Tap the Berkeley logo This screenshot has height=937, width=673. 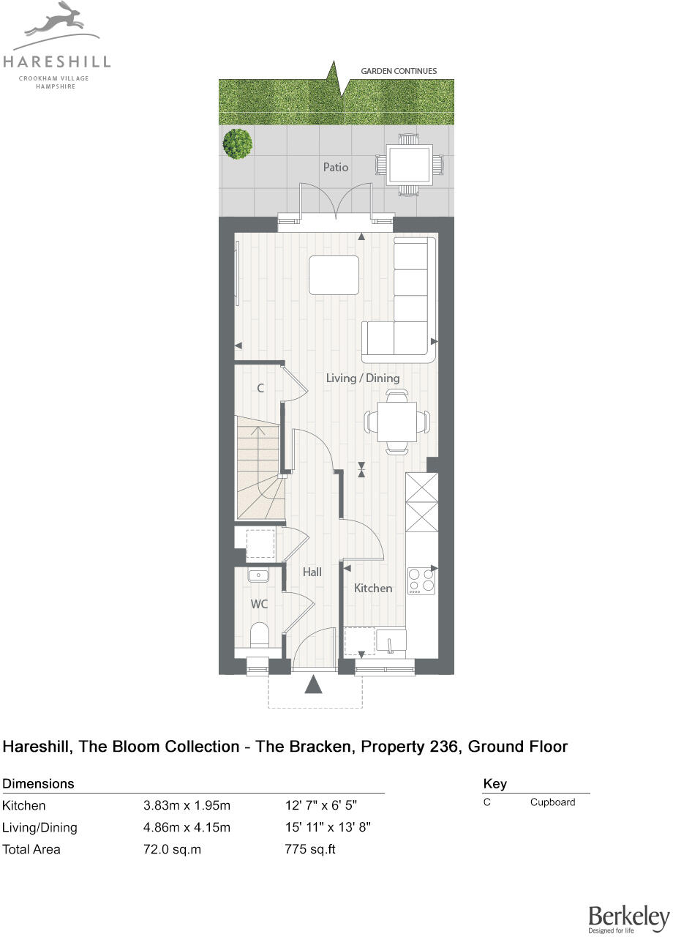point(628,918)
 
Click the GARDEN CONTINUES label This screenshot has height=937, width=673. point(399,71)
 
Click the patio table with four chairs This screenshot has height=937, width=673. point(409,165)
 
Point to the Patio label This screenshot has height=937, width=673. point(336,167)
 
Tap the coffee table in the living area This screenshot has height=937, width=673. point(334,275)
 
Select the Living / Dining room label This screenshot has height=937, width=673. point(363,378)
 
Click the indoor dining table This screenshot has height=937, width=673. point(397,422)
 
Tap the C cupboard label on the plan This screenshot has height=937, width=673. point(260,389)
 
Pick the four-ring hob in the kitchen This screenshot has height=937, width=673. point(421,580)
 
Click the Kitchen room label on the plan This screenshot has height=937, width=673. point(373,588)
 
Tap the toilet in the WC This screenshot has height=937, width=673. point(259,635)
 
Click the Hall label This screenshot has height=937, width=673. point(312,572)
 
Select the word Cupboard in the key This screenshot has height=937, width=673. point(552,802)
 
